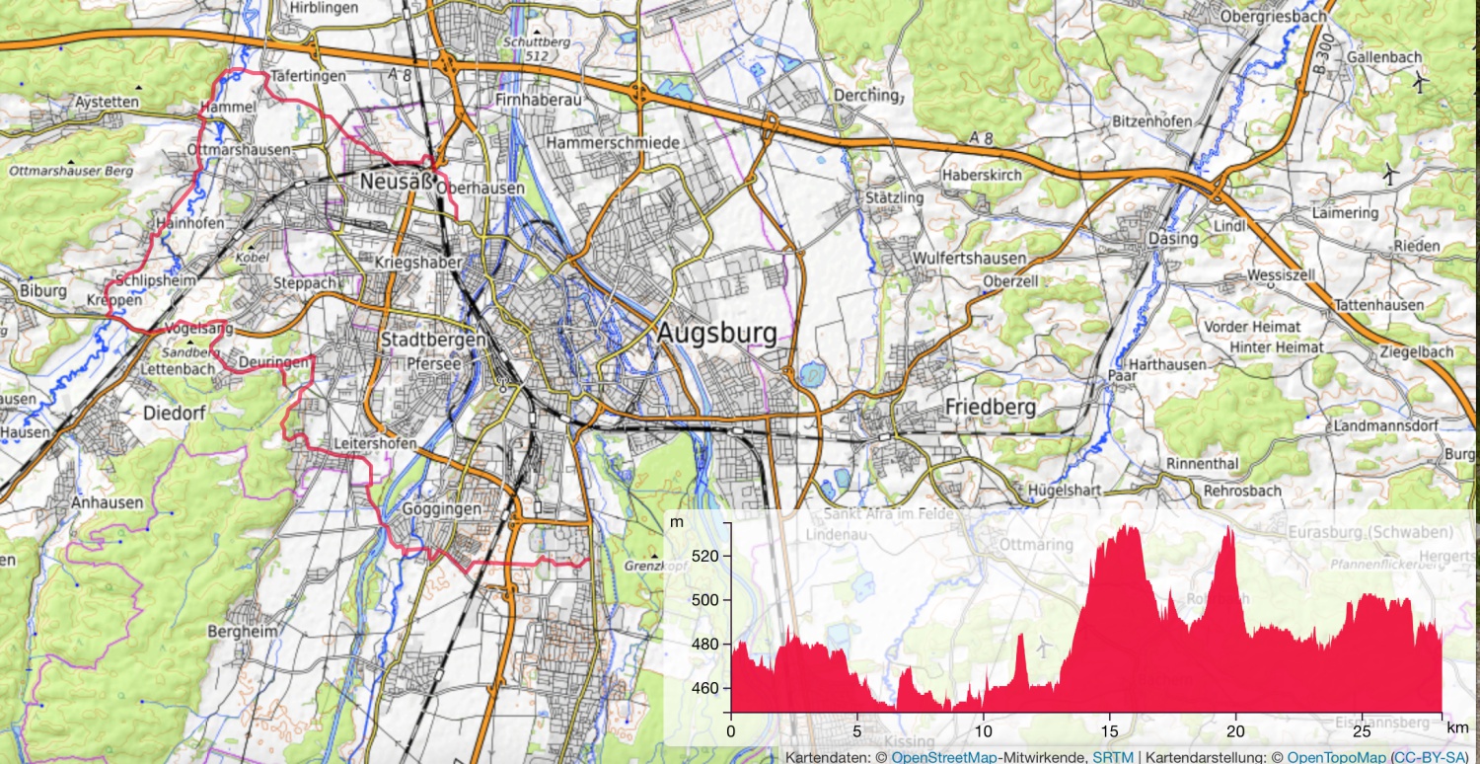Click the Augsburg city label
click(717, 333)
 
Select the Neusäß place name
click(396, 182)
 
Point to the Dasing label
click(1172, 239)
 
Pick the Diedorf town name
click(176, 413)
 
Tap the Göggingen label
click(442, 508)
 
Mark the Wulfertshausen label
click(970, 259)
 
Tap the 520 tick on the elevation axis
click(708, 556)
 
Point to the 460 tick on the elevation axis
click(708, 688)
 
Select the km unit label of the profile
click(1455, 727)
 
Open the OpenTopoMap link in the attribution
click(1334, 757)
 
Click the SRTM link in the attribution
click(1113, 757)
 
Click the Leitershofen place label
click(375, 444)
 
